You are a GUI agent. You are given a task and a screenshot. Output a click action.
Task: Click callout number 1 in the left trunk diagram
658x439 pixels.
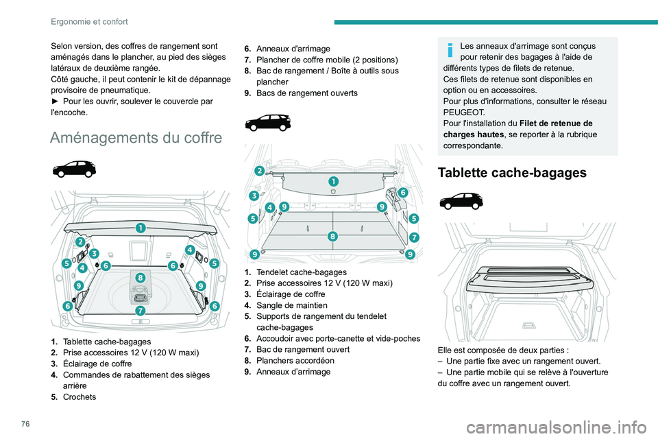(140, 227)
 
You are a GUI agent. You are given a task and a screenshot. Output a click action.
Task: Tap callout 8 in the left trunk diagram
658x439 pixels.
(140, 278)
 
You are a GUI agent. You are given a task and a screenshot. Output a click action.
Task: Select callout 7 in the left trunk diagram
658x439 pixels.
(140, 311)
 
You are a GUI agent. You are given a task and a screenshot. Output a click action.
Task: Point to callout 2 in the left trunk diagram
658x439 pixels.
(81, 242)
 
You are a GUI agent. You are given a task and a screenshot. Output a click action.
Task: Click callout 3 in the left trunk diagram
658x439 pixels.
(94, 254)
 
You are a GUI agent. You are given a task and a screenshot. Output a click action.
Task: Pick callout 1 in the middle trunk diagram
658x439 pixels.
(333, 181)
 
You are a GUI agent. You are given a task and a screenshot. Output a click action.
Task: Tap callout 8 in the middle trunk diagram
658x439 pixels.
(332, 235)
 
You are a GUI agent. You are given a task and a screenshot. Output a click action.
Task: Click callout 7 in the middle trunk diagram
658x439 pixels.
(415, 237)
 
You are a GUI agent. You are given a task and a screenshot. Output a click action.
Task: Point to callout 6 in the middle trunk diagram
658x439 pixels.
(404, 193)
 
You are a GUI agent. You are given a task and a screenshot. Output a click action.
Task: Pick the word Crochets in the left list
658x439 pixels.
(80, 396)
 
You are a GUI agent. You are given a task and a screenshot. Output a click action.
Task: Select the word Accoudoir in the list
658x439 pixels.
(278, 338)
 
